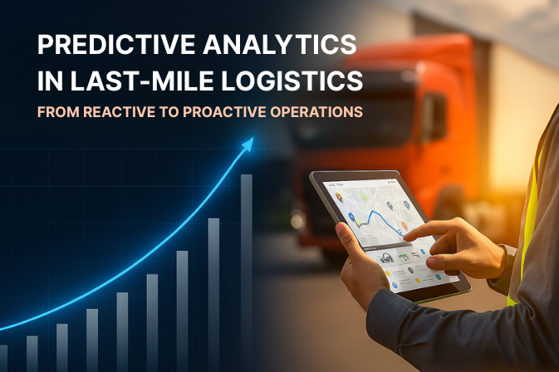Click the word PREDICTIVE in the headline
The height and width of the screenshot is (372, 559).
click(100, 46)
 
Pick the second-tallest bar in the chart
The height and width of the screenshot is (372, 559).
click(213, 291)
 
